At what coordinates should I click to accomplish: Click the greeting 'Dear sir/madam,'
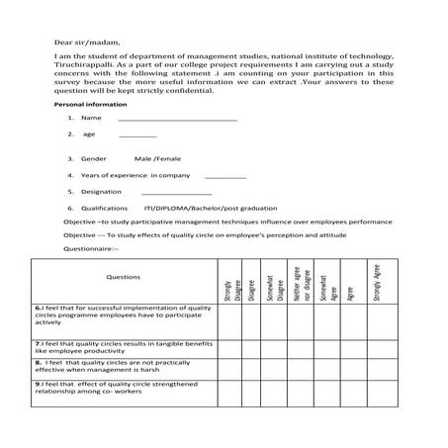click(x=83, y=43)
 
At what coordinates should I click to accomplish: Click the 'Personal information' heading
click(x=89, y=104)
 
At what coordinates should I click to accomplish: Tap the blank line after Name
click(x=177, y=119)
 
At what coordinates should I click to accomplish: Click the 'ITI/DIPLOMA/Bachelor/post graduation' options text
click(x=202, y=209)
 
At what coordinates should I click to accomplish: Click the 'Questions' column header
click(x=123, y=277)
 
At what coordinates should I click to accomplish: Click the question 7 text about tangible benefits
click(x=123, y=346)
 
